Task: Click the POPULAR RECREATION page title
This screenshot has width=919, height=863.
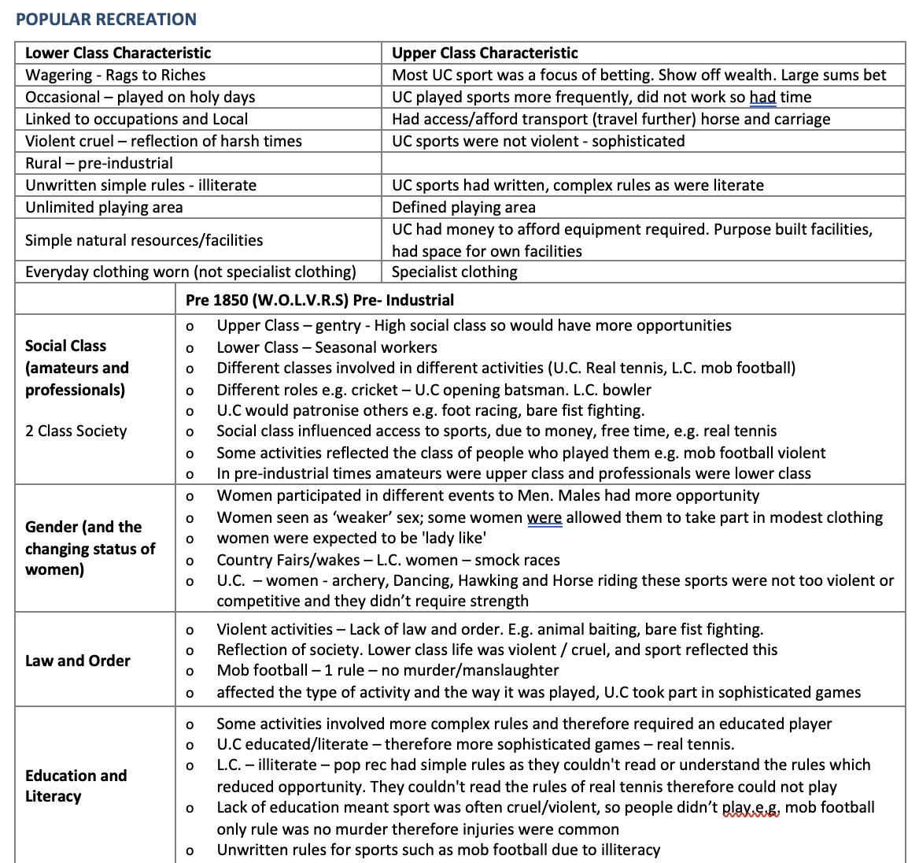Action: tap(106, 20)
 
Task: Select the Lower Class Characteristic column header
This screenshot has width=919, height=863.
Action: tap(118, 53)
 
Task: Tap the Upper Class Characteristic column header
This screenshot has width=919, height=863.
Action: tap(485, 53)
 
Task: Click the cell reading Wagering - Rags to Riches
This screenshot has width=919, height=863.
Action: tap(116, 75)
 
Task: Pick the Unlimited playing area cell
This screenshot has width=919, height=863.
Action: tap(104, 207)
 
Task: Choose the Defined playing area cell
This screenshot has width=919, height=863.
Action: tap(463, 207)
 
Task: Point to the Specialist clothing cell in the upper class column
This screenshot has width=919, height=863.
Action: tap(455, 272)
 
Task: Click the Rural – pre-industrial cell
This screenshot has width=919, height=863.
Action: tap(99, 163)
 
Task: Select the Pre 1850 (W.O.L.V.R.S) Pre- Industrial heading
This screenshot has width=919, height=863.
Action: tap(319, 300)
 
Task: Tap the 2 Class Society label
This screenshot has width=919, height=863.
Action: tap(76, 431)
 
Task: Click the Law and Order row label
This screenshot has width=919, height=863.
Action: tap(78, 661)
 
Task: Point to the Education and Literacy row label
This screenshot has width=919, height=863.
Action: tap(76, 785)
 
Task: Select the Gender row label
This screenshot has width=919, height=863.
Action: tap(90, 548)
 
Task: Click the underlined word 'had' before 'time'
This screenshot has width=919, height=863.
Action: tap(762, 97)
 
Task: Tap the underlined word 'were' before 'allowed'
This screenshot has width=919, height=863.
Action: tap(544, 517)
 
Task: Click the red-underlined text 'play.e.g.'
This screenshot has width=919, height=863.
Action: tap(751, 807)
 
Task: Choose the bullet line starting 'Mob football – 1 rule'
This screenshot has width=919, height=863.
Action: tap(388, 670)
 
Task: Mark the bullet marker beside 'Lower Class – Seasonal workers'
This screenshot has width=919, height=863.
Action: tap(188, 348)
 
